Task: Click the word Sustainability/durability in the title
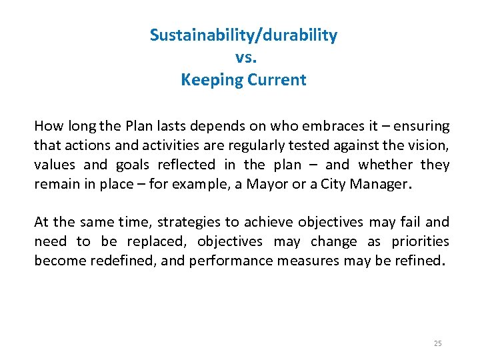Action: coord(243,35)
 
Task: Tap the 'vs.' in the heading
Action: coord(243,58)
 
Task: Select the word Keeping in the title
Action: coord(211,81)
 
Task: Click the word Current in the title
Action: coord(276,81)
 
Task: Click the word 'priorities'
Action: coord(421,241)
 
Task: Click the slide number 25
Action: coord(437,343)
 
